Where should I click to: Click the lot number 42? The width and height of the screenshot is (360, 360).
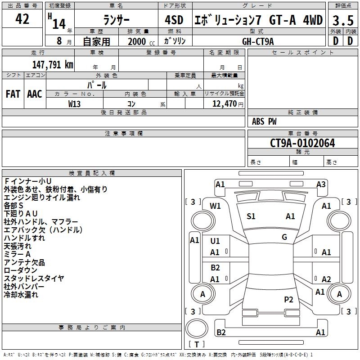coord(22,19)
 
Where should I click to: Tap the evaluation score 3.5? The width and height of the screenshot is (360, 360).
coord(342,21)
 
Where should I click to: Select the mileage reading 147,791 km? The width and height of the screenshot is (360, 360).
coord(53,64)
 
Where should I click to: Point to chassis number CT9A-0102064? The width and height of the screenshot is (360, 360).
coord(302,143)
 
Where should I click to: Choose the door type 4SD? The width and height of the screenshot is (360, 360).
coord(174,20)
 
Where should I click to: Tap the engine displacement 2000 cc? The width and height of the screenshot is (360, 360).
coord(138,41)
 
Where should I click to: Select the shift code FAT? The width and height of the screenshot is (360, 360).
coord(13,94)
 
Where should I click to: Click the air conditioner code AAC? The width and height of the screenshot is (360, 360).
coord(35,94)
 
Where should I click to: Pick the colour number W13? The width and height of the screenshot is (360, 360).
coord(75,104)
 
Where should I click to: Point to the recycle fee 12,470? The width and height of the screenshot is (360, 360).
coord(224,104)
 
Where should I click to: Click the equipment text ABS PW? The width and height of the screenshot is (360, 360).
coord(264,121)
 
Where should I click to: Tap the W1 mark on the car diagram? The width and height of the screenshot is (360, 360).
coord(216,206)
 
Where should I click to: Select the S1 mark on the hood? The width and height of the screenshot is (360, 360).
coord(251,216)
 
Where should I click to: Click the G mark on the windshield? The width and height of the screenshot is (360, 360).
coord(284,237)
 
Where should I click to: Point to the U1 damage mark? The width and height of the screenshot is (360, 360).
coord(215,241)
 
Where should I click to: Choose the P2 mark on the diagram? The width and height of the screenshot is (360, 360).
coord(288,300)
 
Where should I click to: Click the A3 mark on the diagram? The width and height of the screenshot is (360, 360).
coord(321,184)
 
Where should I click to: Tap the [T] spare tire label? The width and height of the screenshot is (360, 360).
coord(196,344)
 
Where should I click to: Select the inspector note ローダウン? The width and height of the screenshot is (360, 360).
coord(21,270)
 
